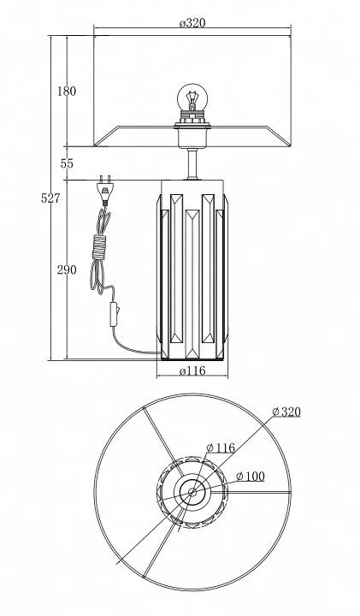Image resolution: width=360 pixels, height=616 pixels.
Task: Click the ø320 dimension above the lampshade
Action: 192,22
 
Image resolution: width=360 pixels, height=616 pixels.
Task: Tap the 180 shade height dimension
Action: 67,92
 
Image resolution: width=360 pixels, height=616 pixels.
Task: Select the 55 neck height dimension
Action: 67,163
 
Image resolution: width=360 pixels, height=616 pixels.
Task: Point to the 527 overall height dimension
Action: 51,198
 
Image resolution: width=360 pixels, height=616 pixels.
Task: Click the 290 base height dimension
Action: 67,269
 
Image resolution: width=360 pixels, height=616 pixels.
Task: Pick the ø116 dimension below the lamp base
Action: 192,370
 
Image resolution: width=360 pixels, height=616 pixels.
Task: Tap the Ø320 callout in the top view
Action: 286,412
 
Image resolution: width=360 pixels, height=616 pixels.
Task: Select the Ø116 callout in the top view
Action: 221,447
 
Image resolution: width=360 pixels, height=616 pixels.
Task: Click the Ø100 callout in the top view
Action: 251,477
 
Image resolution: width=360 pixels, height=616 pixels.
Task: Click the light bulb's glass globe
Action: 192,96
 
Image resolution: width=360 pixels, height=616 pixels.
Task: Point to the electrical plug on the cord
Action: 104,190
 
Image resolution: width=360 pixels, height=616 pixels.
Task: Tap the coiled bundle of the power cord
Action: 100,246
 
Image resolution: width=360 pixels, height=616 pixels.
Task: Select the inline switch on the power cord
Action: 114,313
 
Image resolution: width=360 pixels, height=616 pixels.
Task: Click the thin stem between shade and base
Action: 192,163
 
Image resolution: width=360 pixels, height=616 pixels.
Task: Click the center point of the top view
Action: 192,491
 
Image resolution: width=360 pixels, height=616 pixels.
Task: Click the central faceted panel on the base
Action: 192,284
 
